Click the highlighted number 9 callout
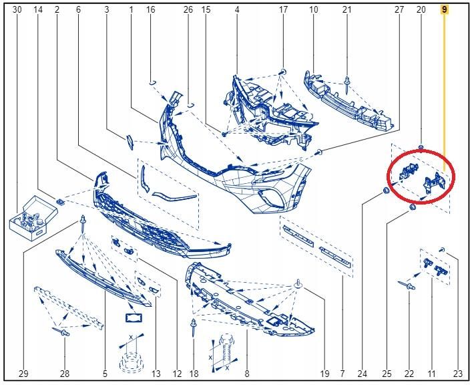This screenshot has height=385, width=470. coord(444,9)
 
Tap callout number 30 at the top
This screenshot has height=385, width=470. coord(17,9)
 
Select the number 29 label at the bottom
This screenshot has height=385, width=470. coord(23,374)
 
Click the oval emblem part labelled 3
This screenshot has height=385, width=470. coord(130,142)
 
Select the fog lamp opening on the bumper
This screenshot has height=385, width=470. coord(271,199)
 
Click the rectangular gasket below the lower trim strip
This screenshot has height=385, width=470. coord(134,317)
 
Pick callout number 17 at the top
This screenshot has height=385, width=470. coord(283,9)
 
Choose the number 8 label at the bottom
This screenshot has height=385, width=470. coord(247,374)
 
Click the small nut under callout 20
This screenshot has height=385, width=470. coord(421,147)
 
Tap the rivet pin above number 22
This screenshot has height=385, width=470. coord(407,285)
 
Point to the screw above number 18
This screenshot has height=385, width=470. coord(194,328)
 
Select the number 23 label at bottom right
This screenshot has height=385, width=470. coord(458,374)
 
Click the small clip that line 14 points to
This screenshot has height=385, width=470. coord(61,202)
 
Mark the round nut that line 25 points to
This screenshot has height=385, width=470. coord(413,207)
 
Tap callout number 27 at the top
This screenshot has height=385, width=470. coord(399,9)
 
